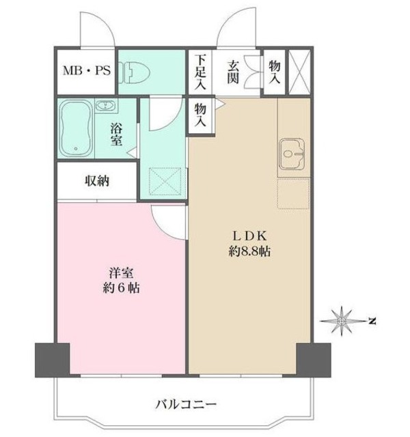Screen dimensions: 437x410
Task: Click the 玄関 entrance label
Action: pos(233,72)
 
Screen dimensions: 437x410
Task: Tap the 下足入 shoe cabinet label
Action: pos(200,72)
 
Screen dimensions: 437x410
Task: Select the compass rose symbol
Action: pos(342,320)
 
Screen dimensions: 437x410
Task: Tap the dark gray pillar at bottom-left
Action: pos(53,359)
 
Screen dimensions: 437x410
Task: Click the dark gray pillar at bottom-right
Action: pos(313,359)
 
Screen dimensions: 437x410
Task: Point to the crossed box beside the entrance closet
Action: pos(299,70)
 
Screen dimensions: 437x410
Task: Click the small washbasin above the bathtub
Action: pos(105,106)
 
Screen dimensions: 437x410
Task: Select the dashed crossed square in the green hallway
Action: pos(163,181)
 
